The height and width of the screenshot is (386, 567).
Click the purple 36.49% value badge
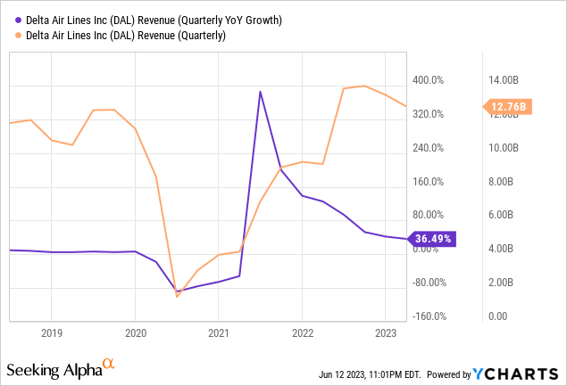(x=433, y=239)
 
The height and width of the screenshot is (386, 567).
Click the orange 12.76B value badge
(x=510, y=107)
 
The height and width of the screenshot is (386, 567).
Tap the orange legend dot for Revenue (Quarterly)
(x=12, y=36)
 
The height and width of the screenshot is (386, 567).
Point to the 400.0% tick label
(x=427, y=81)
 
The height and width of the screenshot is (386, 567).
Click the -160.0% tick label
(x=426, y=316)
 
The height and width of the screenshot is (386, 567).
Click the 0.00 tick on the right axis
(x=497, y=316)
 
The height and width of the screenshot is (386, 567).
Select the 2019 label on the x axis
(x=51, y=332)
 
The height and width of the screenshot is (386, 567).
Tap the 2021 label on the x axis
(x=218, y=332)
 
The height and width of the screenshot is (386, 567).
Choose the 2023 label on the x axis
(x=385, y=332)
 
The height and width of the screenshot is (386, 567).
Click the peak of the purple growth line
(x=260, y=92)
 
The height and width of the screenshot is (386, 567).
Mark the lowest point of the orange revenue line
(x=177, y=296)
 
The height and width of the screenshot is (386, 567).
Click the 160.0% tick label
(x=427, y=182)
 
